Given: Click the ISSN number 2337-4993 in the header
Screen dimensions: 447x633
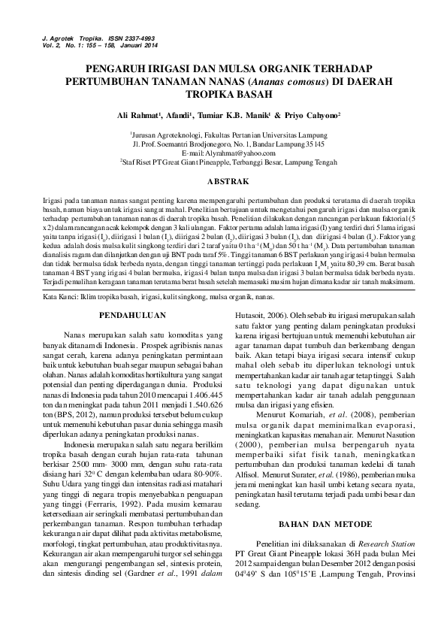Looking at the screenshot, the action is coord(122,36).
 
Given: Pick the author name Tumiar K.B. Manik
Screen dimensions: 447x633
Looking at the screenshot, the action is coord(234,117).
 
